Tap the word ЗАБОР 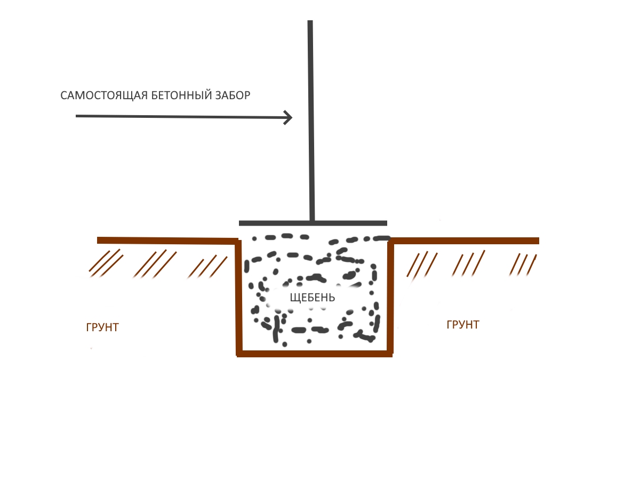click(x=232, y=96)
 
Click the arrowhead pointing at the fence click(x=289, y=117)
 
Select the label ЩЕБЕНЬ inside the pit click(x=313, y=298)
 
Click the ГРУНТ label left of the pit click(x=102, y=327)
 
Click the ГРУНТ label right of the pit click(x=463, y=325)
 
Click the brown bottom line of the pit click(x=315, y=353)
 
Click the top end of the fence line click(x=310, y=22)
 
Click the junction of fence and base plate click(x=313, y=222)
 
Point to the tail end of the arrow click(x=78, y=116)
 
